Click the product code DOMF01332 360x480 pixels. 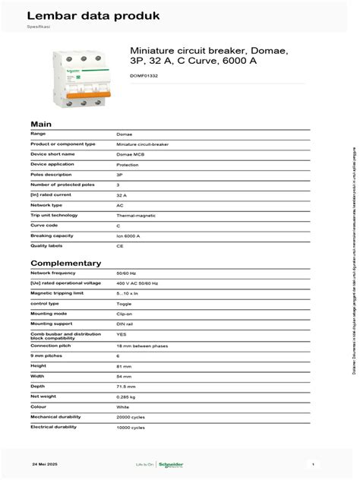click(144, 75)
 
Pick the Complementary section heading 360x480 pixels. click(65, 263)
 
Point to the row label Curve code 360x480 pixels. click(45, 226)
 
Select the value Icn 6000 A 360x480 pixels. click(128, 236)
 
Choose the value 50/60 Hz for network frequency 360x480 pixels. click(127, 273)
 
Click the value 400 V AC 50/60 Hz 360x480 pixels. click(137, 283)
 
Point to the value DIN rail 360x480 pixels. click(125, 324)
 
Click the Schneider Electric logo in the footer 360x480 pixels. click(170, 464)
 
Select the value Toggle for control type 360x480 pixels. click(123, 304)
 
